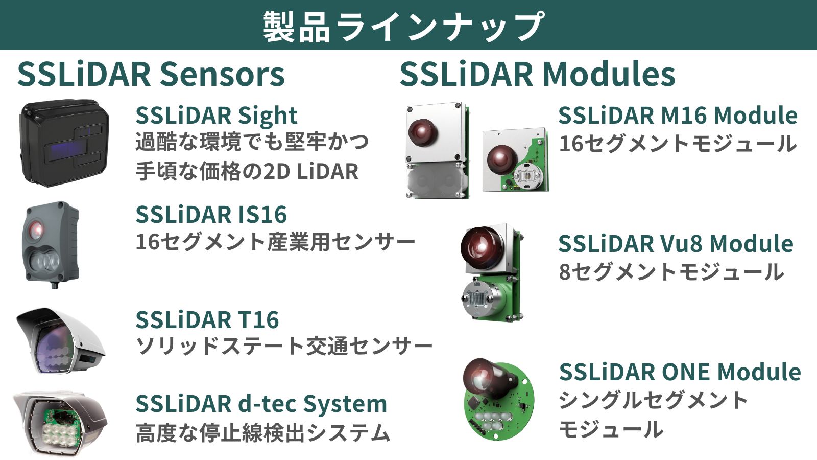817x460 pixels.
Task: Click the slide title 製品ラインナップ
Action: tap(404, 26)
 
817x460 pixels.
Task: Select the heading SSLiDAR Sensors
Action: tap(151, 75)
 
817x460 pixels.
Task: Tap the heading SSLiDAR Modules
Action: tap(537, 75)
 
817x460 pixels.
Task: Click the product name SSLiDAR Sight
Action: tap(217, 116)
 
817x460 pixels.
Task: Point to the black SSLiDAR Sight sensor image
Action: tap(64, 143)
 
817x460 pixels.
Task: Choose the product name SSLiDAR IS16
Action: tap(211, 214)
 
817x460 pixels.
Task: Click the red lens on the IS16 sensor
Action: tap(37, 229)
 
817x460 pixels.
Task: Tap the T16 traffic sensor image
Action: tap(60, 341)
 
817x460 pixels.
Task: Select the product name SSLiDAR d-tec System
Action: tap(261, 404)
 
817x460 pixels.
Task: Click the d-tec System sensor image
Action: tap(61, 424)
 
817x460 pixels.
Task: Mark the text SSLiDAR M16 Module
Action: tap(678, 116)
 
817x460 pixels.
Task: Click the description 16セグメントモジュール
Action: tap(678, 143)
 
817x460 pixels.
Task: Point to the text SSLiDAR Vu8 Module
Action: tap(676, 243)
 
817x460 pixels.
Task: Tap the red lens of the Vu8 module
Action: tap(482, 245)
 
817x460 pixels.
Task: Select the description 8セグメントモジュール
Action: tap(671, 271)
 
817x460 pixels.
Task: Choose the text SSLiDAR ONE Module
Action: tap(680, 372)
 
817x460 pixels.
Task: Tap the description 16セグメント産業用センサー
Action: tap(275, 242)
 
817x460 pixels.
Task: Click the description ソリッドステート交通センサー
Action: tap(284, 346)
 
